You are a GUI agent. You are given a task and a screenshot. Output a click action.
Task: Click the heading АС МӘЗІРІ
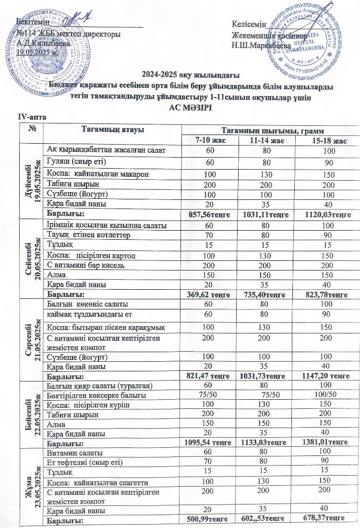point(180,107)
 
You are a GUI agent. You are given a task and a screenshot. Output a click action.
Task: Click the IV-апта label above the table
point(29,117)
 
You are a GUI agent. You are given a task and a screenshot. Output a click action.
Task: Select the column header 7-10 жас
point(210,140)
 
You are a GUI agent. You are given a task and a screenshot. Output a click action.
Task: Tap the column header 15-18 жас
point(327,140)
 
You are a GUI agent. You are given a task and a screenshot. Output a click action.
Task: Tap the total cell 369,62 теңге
point(210,294)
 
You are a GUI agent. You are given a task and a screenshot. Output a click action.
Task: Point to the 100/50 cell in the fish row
point(327,395)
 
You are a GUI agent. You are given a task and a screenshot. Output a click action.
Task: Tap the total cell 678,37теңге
point(327,520)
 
